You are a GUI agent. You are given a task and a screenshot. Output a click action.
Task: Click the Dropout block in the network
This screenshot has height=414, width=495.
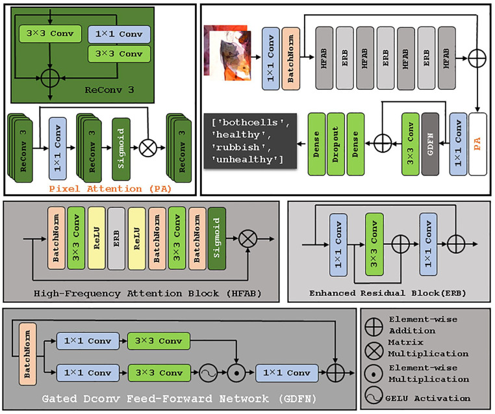[x=336, y=144]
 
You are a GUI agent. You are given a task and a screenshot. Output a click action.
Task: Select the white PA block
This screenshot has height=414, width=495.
[x=477, y=144]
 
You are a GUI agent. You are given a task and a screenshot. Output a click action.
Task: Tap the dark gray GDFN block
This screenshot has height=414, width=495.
[x=430, y=144]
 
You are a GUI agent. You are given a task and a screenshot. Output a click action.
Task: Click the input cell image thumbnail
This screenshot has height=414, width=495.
[x=227, y=53]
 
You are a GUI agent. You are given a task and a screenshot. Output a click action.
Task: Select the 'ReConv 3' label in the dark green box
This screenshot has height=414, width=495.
[x=109, y=90]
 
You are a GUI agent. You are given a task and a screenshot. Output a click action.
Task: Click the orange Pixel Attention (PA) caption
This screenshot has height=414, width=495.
[x=110, y=189]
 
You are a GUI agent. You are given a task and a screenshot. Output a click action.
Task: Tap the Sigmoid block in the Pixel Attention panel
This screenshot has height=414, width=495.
[x=121, y=149]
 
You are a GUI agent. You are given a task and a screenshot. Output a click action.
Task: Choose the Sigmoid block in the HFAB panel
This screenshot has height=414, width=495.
[x=217, y=239]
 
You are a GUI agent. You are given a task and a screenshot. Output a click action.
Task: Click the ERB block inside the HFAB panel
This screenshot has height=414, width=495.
[x=116, y=239]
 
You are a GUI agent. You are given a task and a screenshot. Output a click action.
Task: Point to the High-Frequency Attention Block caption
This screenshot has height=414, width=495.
[x=147, y=293]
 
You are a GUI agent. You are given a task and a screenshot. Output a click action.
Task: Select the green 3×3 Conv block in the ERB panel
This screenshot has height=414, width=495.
[x=374, y=244]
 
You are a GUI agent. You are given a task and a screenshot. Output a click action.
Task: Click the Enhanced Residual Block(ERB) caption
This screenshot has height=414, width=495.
[x=388, y=293]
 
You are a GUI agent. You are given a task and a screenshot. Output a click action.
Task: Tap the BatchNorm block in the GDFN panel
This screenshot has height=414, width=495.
[x=27, y=354]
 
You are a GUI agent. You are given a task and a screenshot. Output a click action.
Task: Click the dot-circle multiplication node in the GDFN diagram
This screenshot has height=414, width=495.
[x=236, y=372]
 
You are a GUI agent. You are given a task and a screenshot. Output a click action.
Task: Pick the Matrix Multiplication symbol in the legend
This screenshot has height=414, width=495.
[x=374, y=350]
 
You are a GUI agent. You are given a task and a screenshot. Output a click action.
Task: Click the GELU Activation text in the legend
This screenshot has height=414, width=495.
[x=427, y=398]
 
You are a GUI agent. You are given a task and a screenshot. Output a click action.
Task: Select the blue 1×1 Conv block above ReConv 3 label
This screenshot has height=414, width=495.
[x=119, y=34]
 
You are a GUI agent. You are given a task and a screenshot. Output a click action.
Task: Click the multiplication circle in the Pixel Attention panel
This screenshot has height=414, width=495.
[x=148, y=148]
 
